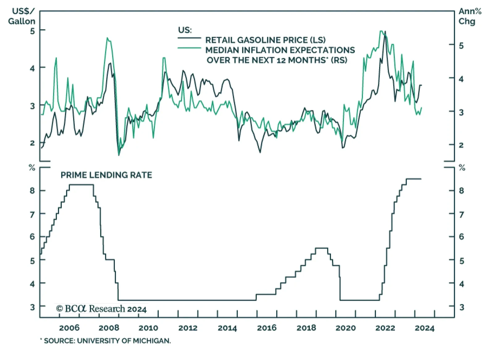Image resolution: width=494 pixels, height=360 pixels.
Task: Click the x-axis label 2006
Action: (x=69, y=328)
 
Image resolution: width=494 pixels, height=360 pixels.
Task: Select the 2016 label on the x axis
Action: (x=267, y=328)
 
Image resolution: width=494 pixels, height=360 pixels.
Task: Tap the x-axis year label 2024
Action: (x=425, y=328)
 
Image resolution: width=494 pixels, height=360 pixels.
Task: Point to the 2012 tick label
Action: (x=188, y=328)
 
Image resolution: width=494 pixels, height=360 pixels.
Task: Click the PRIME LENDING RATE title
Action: (x=106, y=175)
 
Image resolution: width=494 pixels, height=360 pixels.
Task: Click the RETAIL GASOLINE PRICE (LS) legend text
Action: (x=265, y=40)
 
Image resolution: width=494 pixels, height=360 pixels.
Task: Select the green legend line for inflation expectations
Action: (x=189, y=48)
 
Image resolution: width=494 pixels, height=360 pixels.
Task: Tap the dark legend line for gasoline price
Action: (x=189, y=38)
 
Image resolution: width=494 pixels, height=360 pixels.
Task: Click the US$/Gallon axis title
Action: (x=22, y=16)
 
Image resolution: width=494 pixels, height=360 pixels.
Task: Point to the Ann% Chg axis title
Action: (x=470, y=16)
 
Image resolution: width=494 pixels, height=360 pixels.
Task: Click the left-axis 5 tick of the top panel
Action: (x=32, y=31)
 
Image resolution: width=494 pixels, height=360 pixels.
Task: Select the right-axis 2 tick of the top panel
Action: (x=461, y=145)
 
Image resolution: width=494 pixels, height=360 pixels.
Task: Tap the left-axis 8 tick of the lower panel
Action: (x=32, y=191)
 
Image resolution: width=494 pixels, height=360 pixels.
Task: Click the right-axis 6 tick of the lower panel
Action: (x=462, y=237)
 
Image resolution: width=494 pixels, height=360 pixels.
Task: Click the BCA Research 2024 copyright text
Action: (x=101, y=309)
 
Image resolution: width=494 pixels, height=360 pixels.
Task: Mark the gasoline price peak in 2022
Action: (x=385, y=32)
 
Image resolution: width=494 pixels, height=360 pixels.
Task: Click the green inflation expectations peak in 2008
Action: (x=107, y=38)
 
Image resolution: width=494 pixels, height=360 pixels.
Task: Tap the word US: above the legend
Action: (x=185, y=30)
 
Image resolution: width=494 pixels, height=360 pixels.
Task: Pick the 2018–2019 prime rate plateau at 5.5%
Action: (x=321, y=248)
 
